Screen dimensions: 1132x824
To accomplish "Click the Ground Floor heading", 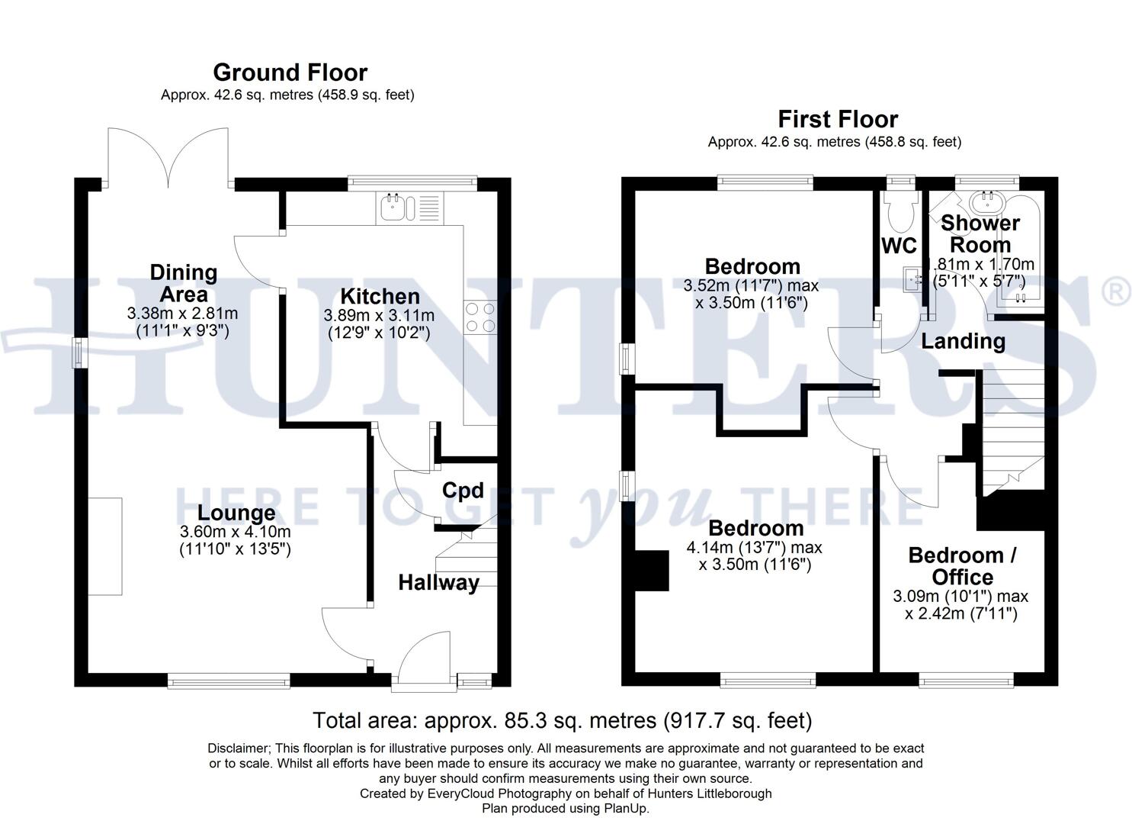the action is (290, 72).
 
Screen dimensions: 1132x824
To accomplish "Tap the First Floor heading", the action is (838, 119).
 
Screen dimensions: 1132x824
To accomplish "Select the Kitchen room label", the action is (380, 297).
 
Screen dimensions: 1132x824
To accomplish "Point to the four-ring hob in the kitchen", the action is (480, 317).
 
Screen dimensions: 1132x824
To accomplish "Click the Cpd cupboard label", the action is (463, 491).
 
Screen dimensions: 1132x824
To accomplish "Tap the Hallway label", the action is (438, 583).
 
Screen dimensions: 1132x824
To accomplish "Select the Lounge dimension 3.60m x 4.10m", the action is (235, 532).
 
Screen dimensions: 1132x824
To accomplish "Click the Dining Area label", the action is (184, 283).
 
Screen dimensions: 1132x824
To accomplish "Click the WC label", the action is (899, 246).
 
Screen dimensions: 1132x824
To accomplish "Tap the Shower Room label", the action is (980, 233).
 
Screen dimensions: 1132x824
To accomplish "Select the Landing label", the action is (964, 342).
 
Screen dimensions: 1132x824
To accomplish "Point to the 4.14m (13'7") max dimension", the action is (754, 547).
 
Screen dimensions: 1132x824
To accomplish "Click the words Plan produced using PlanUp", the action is (566, 808).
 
